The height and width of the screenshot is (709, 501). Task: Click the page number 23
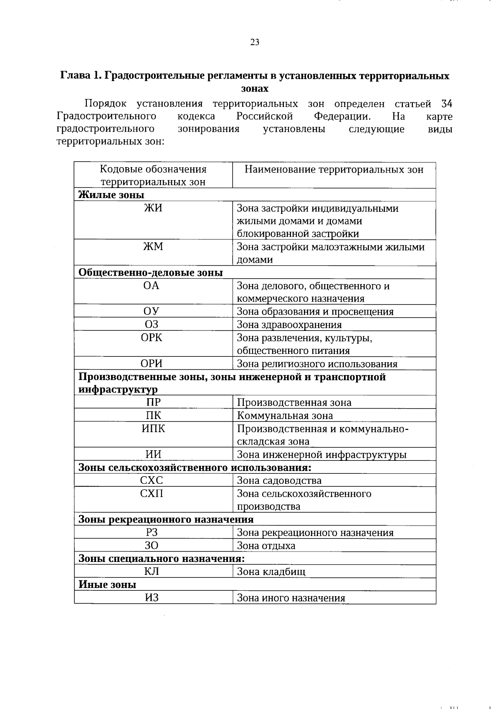point(255,42)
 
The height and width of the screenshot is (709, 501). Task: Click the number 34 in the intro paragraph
point(446,104)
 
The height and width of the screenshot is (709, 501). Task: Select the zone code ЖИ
point(153,208)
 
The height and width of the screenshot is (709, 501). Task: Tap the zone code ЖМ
point(153,246)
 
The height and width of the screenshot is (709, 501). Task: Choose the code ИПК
point(153,429)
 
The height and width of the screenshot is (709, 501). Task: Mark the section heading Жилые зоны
point(111,195)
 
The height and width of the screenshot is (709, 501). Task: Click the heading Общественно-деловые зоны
point(151,273)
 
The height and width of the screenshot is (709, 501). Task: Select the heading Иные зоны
point(107,584)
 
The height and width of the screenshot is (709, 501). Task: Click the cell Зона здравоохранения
point(289,325)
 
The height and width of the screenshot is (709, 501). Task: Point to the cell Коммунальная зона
point(285,416)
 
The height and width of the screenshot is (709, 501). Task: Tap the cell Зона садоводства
point(279,480)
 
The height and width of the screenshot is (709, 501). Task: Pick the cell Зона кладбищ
point(271,572)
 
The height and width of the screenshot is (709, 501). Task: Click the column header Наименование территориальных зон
point(334,169)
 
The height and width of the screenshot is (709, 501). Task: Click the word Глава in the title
point(76,76)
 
